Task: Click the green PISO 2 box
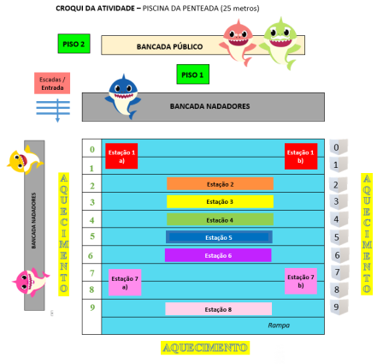click(x=74, y=44)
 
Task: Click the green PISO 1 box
click(x=192, y=75)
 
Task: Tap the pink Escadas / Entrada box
click(x=52, y=83)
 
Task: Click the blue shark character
click(x=124, y=94)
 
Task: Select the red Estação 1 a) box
click(x=121, y=156)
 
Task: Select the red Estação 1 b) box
click(x=301, y=156)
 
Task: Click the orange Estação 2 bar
click(x=220, y=184)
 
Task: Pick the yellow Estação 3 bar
click(x=220, y=202)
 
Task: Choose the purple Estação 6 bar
click(x=218, y=255)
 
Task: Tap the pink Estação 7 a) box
click(x=125, y=282)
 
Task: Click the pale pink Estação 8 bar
click(x=218, y=309)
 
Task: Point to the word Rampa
click(x=279, y=325)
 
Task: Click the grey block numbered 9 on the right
click(x=339, y=307)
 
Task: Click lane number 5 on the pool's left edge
click(x=91, y=236)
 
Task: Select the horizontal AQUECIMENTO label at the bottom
click(x=204, y=348)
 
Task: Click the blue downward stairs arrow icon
click(x=53, y=109)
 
